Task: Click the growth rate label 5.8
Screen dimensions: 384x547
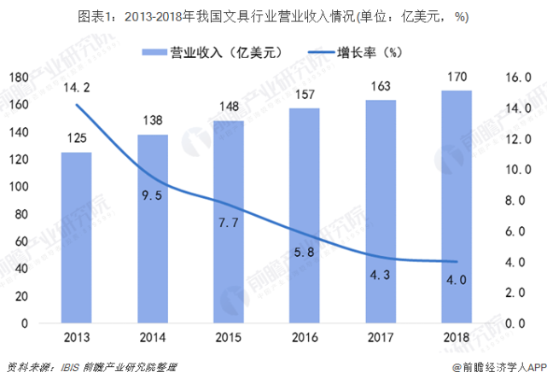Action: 305,252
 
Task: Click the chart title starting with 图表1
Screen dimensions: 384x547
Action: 273,16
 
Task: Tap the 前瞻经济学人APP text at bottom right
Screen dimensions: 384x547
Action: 494,368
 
